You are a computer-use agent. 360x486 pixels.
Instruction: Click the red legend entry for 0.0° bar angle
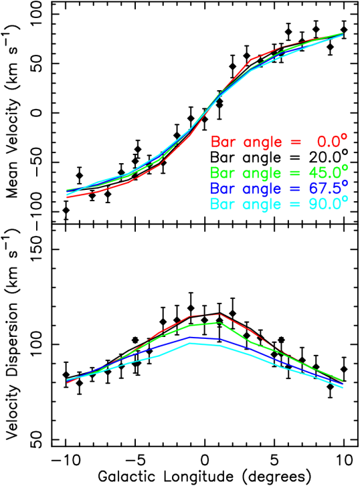point(279,142)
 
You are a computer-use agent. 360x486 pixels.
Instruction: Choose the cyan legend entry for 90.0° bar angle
point(279,204)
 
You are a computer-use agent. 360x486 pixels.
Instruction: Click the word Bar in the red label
point(223,142)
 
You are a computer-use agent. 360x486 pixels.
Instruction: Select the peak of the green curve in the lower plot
point(219,322)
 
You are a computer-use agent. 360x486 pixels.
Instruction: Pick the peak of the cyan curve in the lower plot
point(191,342)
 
